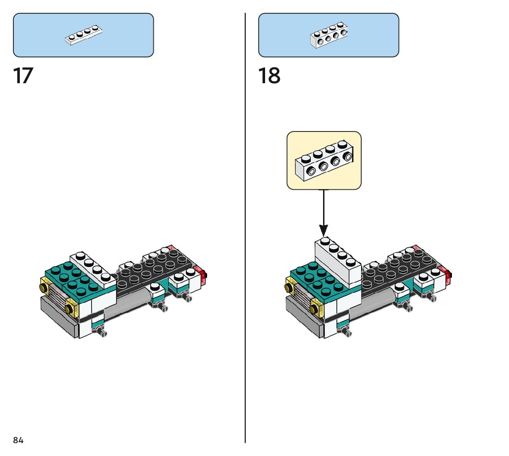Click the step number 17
point(23,75)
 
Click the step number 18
point(269,75)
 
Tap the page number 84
point(18,440)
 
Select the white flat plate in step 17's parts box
point(83,34)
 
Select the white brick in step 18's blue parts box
point(329,35)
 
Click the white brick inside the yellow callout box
point(324,160)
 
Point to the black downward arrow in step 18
point(324,213)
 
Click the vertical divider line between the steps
point(245,228)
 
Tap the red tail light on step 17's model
point(202,275)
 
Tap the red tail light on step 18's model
point(446,275)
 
